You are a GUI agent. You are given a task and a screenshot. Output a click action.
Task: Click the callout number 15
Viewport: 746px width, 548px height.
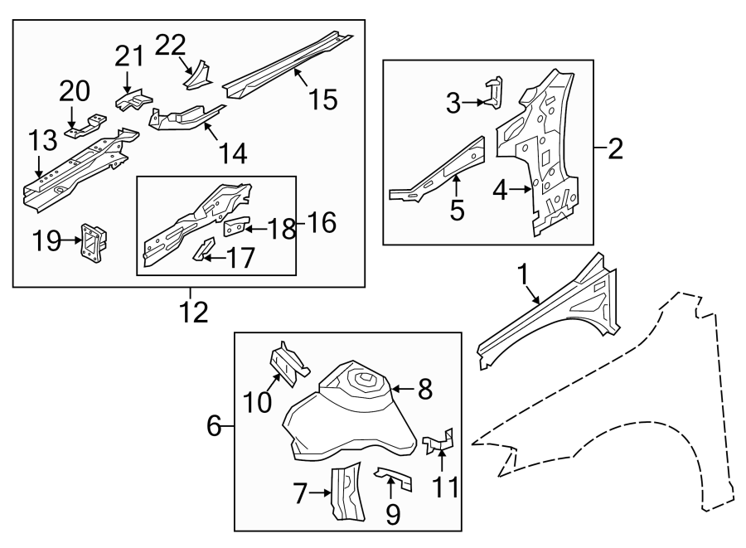323,100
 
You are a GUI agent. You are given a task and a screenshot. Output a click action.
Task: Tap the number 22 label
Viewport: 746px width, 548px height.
170,45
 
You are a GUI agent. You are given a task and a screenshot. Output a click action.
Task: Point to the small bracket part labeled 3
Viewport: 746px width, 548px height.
494,92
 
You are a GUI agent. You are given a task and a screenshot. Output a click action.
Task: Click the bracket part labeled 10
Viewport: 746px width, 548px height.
287,366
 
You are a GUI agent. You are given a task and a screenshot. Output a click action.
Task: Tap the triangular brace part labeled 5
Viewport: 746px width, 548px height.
439,170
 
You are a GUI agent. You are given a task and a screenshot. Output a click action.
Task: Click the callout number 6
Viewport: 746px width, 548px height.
214,427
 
